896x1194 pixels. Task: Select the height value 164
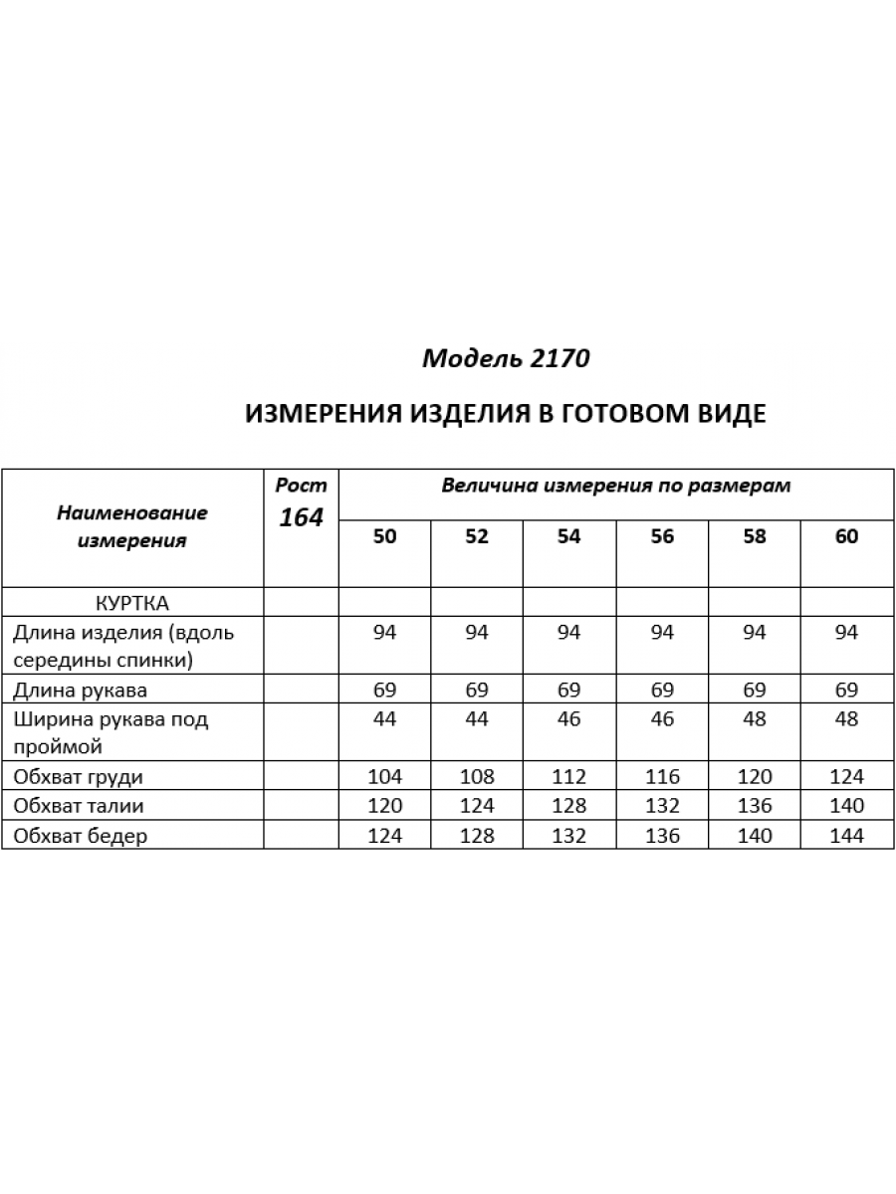[301, 517]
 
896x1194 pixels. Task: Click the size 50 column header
[385, 537]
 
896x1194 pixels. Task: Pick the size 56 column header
[662, 537]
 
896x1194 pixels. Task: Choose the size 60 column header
[846, 537]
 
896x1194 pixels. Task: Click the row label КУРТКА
[132, 603]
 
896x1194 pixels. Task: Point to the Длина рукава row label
[84, 690]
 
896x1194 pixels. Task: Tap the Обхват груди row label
[81, 777]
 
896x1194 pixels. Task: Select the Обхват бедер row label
[81, 836]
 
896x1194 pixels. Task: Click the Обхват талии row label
[81, 806]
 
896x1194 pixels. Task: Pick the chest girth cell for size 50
[385, 777]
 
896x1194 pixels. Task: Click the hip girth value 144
[846, 836]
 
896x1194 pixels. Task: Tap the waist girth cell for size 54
[568, 806]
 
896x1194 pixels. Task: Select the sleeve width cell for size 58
[755, 719]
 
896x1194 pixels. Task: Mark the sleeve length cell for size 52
[477, 690]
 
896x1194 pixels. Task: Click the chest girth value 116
[662, 777]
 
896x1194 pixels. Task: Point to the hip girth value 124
[385, 836]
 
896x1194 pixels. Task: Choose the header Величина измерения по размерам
[616, 486]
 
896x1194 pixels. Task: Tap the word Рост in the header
[301, 486]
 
